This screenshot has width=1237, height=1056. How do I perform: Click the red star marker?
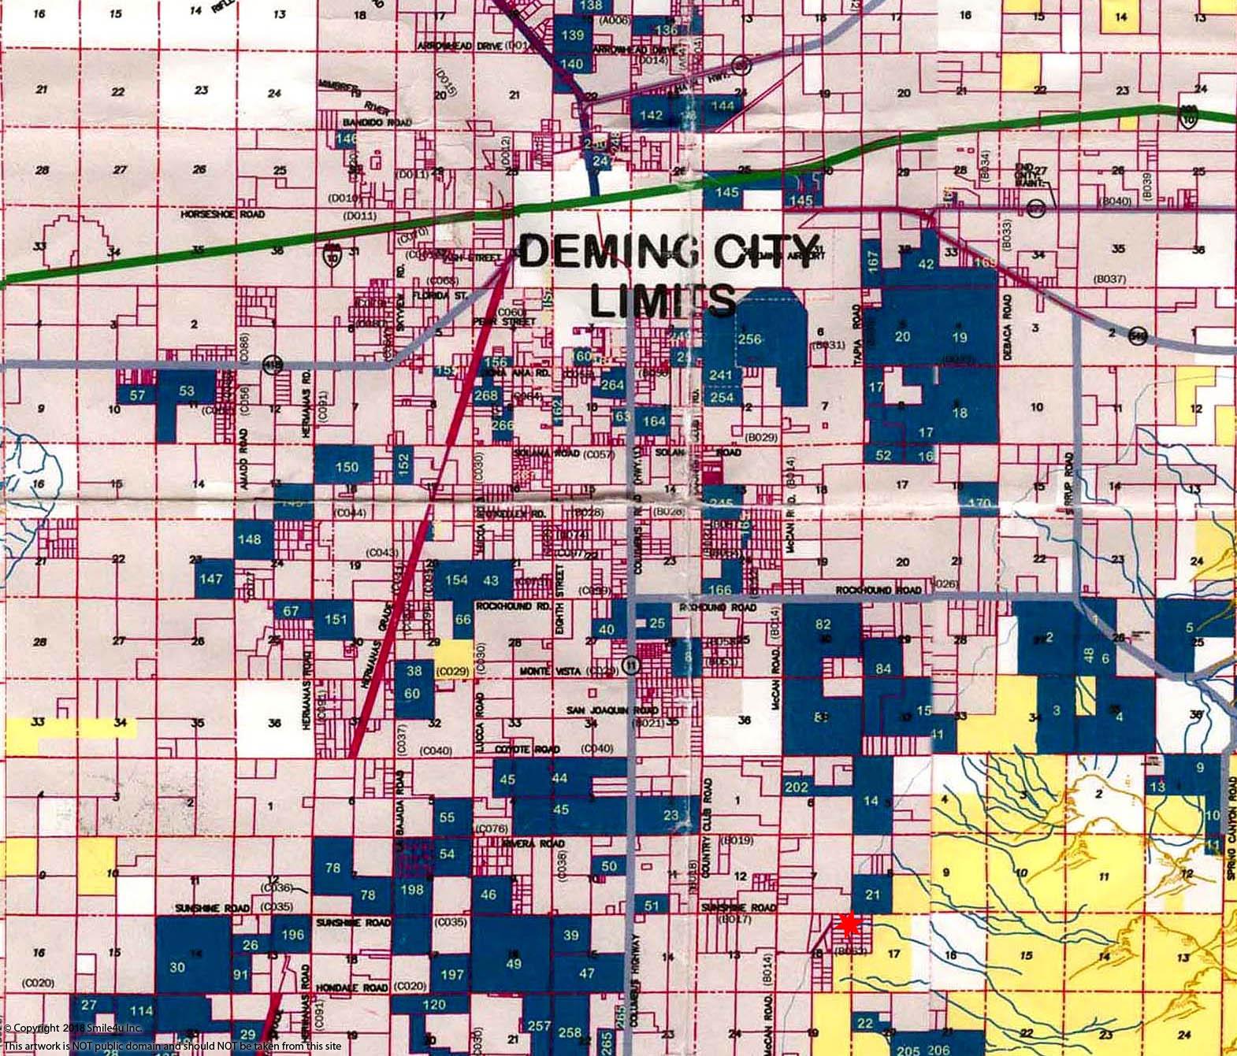tap(849, 925)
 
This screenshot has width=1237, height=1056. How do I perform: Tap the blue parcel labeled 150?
tap(347, 467)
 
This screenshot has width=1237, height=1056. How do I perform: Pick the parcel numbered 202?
tap(797, 787)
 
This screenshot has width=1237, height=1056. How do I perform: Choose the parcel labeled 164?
tap(654, 421)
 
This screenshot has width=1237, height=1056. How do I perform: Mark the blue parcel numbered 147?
tap(211, 578)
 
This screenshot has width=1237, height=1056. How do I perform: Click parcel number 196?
tap(292, 935)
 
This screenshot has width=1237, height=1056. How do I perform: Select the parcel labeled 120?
tap(434, 1005)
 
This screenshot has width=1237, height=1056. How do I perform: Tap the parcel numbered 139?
tap(573, 35)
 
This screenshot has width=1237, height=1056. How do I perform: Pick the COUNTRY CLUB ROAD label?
tap(708, 813)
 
